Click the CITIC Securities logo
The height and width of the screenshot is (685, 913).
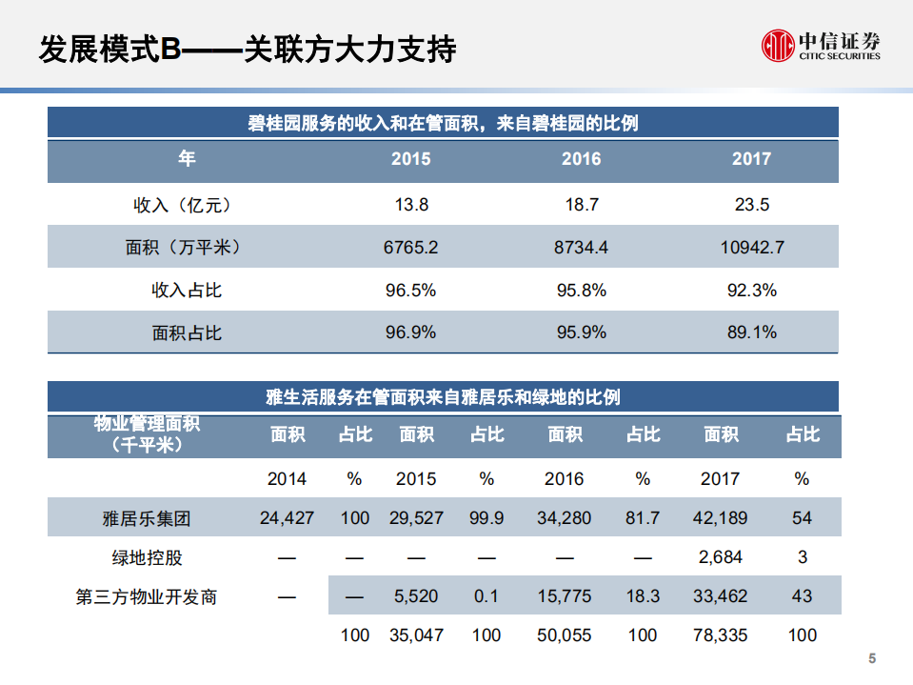click(820, 45)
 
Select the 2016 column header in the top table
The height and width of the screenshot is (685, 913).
click(581, 159)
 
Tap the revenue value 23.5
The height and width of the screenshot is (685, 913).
click(751, 205)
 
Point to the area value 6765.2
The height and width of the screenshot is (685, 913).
click(410, 248)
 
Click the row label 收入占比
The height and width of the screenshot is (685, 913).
click(187, 291)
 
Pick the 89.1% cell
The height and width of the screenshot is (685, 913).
click(751, 332)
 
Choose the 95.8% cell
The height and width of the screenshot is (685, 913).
click(581, 291)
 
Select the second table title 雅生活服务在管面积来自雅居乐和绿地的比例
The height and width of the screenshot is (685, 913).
click(444, 396)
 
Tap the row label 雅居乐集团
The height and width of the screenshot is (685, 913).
click(147, 518)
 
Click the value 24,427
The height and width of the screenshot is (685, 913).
click(287, 518)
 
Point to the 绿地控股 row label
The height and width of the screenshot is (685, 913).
click(147, 557)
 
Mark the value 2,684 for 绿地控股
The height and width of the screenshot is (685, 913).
click(720, 557)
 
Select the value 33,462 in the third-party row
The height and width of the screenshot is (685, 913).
click(720, 596)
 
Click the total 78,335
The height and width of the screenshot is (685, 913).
click(720, 635)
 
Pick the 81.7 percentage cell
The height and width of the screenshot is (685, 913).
click(643, 518)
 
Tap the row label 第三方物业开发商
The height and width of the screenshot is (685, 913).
click(147, 597)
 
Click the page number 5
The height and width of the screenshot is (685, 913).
click(872, 659)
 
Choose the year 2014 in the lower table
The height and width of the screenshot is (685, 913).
click(287, 478)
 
